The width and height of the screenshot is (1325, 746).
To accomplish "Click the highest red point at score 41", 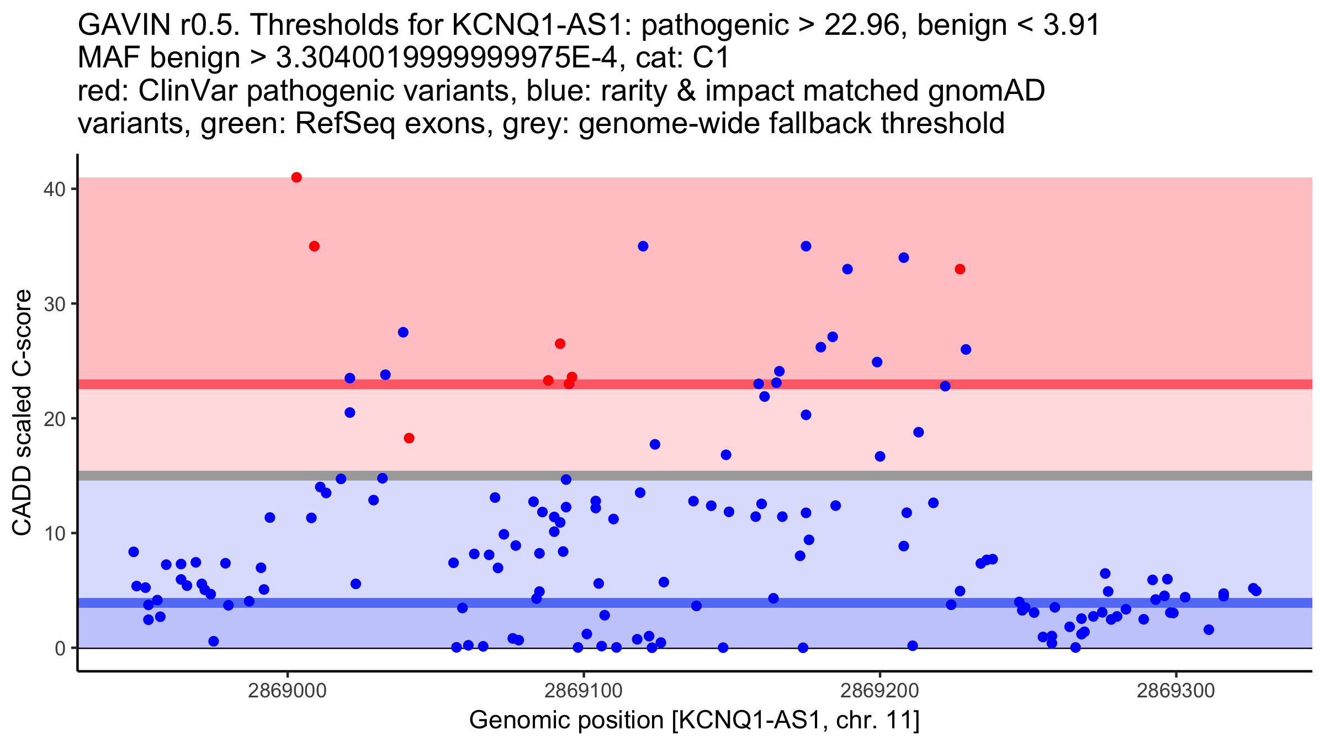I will pos(296,177).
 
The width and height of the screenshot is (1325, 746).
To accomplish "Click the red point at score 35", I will pos(314,246).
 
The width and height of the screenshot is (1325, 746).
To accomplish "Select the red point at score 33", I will pos(960,269).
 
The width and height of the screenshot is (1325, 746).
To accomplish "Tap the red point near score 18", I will pos(409,438).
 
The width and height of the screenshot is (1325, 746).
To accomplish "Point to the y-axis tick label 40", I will pos(54,189).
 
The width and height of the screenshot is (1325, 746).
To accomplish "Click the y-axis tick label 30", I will pos(54,304).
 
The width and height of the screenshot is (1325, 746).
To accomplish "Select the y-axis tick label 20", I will pos(54,419).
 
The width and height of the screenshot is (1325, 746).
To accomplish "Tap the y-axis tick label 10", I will pos(54,533).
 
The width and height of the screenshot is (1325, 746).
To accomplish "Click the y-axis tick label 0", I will pos(60,648).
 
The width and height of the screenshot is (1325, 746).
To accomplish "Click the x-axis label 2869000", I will pos(287,691).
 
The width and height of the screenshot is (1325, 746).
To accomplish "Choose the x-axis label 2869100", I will pos(584,691).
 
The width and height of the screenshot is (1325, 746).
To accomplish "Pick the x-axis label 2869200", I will pos(880,691).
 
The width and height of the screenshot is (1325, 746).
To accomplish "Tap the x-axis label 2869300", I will pos(1176,691).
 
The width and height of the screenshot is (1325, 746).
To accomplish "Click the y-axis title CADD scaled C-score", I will pos(22,413).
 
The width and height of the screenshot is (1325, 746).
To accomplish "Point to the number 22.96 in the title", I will pos(865,25).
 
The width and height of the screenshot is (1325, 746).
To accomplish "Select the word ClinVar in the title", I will pos(188,91).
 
